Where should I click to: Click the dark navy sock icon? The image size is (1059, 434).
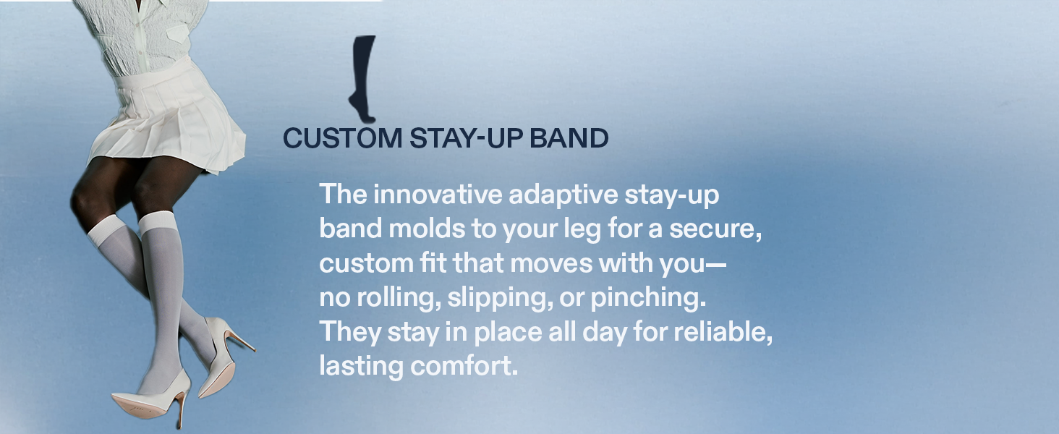(x=362, y=78)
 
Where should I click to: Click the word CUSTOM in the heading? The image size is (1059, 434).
(x=343, y=138)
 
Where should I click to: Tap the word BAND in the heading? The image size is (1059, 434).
(x=569, y=138)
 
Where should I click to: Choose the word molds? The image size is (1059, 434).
(x=427, y=229)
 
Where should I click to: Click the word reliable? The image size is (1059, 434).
(x=723, y=332)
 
